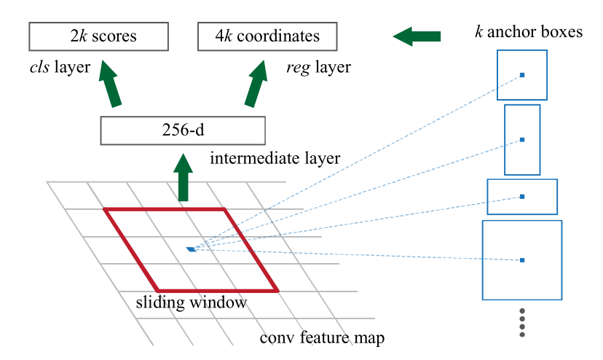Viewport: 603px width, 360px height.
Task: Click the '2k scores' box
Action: coord(98,36)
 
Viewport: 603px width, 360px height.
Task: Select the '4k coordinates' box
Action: coord(267,36)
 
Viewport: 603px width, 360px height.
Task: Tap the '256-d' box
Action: coord(183,130)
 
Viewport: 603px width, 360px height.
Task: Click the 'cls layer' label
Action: coord(60,67)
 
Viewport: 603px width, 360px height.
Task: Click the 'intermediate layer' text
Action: coord(275,158)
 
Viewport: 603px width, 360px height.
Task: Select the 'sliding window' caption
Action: coord(191,302)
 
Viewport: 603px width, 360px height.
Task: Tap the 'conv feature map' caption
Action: coord(322,337)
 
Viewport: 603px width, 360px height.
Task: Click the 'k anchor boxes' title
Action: coord(529,31)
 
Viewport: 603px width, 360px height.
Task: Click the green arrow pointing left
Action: coord(417,36)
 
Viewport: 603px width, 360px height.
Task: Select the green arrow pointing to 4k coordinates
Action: coord(256,83)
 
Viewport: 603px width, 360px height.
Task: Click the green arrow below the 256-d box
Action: coord(183,178)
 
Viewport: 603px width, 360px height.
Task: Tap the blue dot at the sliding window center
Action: coord(191,249)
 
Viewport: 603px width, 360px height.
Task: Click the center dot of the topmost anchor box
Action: coord(522,75)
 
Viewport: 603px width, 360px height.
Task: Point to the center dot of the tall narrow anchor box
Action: coord(522,140)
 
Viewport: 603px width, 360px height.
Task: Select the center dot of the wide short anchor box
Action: coord(522,197)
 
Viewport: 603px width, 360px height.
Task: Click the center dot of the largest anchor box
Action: coord(522,260)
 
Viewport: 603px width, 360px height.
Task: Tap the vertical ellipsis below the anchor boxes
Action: coord(522,323)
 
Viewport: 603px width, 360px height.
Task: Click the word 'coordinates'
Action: coord(278,36)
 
